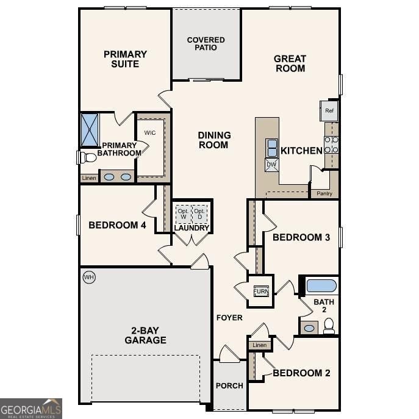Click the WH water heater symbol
[89, 278]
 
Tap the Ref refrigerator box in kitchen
[329, 111]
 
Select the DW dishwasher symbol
[271, 165]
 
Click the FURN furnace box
[261, 291]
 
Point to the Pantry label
[324, 193]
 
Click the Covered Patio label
[206, 44]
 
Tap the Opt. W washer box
[183, 214]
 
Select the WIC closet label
[150, 132]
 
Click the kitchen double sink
[271, 148]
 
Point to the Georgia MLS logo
[31, 408]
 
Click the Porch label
[229, 385]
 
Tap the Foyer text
[229, 318]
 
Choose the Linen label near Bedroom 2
[259, 345]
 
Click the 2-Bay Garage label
[145, 335]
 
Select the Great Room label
[290, 63]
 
